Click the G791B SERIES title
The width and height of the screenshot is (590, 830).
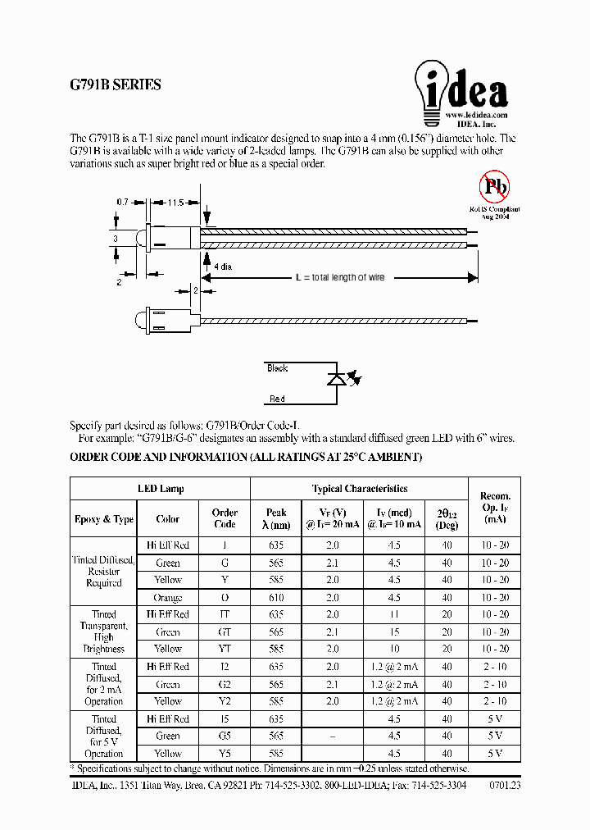[x=116, y=84]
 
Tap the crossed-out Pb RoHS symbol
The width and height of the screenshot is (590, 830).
[x=494, y=188]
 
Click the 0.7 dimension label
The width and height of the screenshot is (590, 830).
[x=123, y=202]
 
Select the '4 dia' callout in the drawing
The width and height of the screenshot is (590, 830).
[x=222, y=267]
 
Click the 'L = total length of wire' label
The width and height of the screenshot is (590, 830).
[x=339, y=278]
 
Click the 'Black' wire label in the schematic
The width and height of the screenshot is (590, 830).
[x=278, y=368]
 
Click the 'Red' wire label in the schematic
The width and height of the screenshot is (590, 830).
[x=277, y=399]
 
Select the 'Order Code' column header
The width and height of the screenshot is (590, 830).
[x=225, y=518]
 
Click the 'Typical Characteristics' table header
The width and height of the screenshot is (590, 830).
[x=359, y=489]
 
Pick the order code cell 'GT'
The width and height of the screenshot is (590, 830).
[x=225, y=632]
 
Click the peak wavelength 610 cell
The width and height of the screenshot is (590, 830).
[x=277, y=598]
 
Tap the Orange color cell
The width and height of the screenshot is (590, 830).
[x=168, y=598]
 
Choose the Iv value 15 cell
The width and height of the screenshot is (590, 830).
[x=394, y=632]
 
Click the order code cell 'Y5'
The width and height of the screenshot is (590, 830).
[x=225, y=754]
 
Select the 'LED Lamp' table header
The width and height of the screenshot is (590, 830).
[x=161, y=489]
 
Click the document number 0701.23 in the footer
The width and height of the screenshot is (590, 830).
[x=505, y=785]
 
